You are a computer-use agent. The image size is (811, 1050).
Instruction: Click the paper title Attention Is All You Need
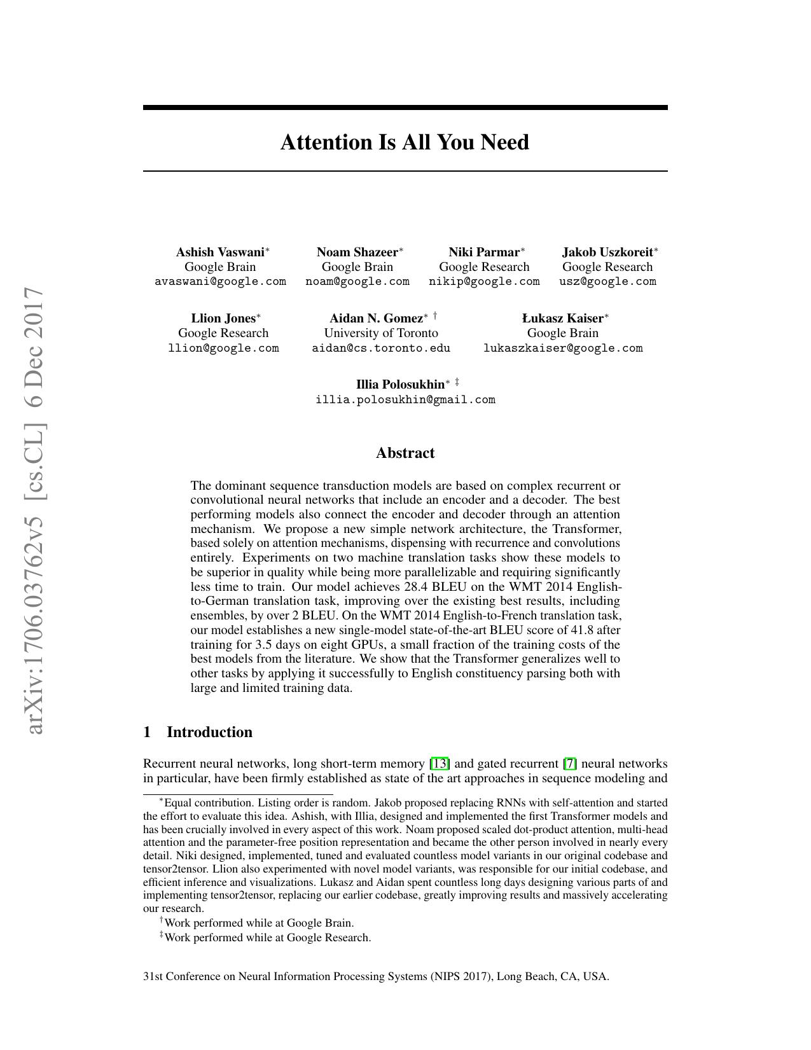point(405,142)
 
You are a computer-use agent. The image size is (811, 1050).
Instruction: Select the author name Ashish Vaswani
point(220,252)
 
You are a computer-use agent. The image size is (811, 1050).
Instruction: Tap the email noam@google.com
point(357,281)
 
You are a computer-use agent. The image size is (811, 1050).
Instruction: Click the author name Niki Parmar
point(484,252)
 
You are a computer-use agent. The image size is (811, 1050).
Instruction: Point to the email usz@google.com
point(607,281)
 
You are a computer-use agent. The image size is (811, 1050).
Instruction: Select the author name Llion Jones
point(223,318)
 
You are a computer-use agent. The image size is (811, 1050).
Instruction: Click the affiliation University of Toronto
point(381,333)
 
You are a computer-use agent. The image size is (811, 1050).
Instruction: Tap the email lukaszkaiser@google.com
point(563,348)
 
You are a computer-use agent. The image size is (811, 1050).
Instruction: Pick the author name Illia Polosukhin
point(400,384)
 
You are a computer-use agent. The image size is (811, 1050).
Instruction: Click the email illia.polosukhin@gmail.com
point(405,399)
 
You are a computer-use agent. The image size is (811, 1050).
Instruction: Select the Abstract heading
point(405,453)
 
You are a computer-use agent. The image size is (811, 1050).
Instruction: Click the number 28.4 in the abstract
point(417,586)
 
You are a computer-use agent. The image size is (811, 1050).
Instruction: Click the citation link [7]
point(570,763)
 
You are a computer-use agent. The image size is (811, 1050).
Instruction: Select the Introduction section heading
point(209,732)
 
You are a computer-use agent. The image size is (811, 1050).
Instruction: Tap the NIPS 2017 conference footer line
point(376,976)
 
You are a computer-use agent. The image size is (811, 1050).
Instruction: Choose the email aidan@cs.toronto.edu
point(381,348)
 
